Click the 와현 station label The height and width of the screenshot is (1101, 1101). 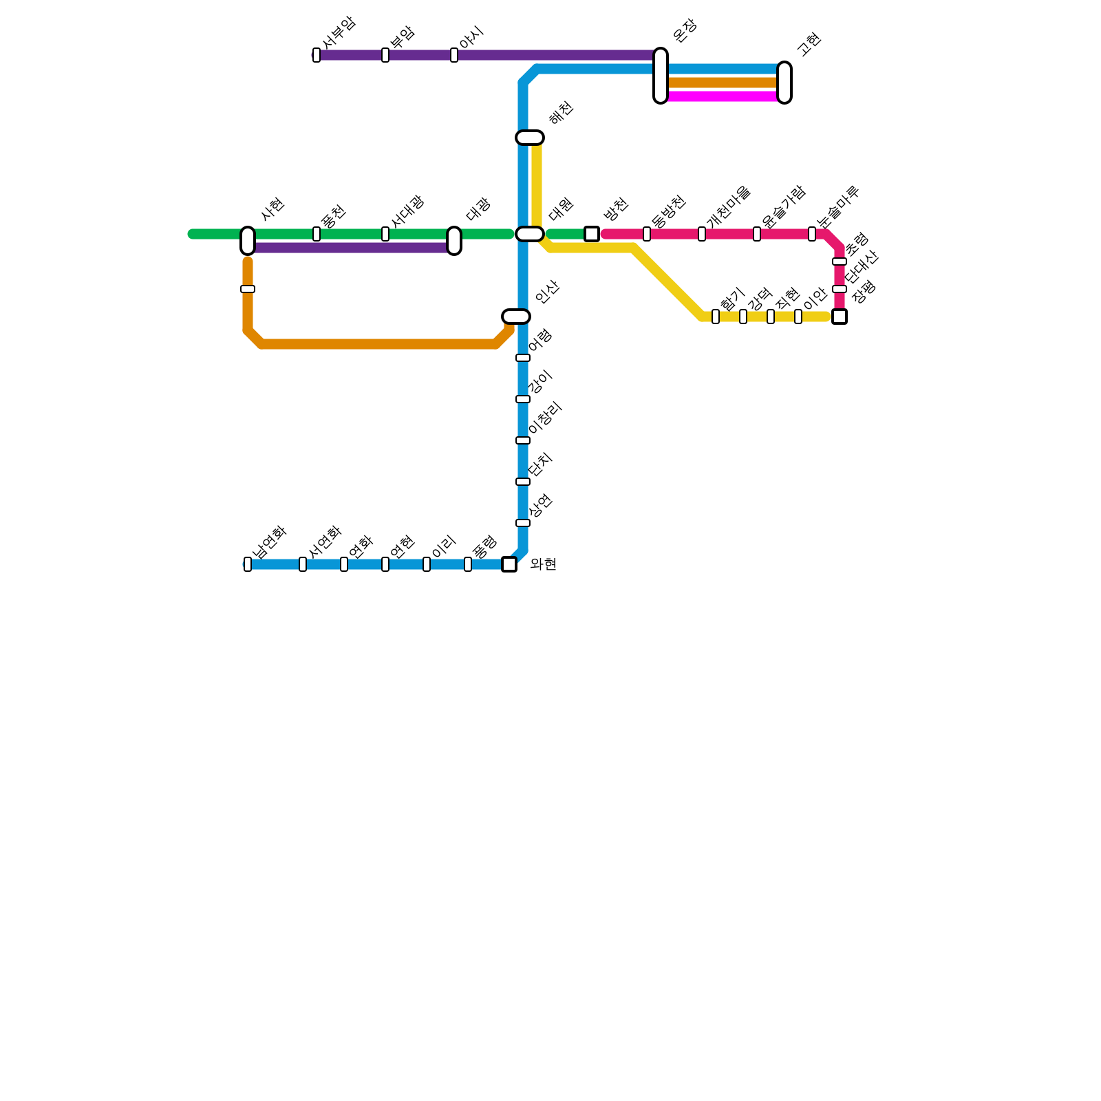tap(543, 565)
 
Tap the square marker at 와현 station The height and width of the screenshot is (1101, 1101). tap(509, 564)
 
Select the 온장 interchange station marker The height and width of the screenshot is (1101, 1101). tap(661, 76)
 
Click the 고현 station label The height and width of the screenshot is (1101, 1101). tap(809, 44)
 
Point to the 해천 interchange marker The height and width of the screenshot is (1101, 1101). tap(530, 138)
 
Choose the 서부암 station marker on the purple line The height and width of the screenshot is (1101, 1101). tap(317, 55)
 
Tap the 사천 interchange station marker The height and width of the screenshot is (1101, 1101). tap(248, 241)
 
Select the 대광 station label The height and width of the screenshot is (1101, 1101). tap(478, 209)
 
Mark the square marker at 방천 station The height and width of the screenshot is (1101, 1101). tap(592, 234)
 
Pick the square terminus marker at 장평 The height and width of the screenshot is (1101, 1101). tap(840, 317)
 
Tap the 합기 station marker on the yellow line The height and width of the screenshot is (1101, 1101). tap(716, 317)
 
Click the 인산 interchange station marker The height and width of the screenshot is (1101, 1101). tap(516, 317)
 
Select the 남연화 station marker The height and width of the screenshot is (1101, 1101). tap(248, 564)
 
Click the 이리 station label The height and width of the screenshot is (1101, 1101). tap(443, 546)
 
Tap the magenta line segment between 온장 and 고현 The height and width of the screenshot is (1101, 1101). tap(723, 96)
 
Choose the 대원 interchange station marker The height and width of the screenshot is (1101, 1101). tap(530, 234)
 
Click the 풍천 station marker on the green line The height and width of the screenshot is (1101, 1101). tap(317, 234)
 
